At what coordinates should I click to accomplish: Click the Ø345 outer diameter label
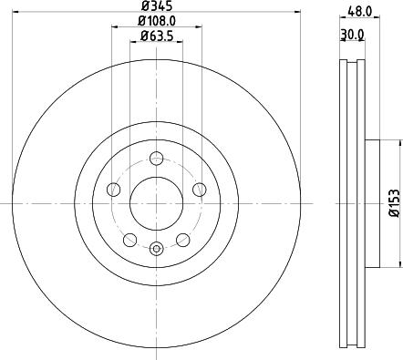(158, 6)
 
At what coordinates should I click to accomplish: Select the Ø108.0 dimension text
(158, 21)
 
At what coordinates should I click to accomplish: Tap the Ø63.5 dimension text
(158, 36)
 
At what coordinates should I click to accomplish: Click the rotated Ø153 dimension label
(393, 201)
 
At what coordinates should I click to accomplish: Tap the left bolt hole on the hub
(113, 189)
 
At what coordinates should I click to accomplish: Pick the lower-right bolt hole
(183, 240)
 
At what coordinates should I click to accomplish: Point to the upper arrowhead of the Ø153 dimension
(398, 142)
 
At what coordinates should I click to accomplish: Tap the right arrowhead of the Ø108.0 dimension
(200, 26)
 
